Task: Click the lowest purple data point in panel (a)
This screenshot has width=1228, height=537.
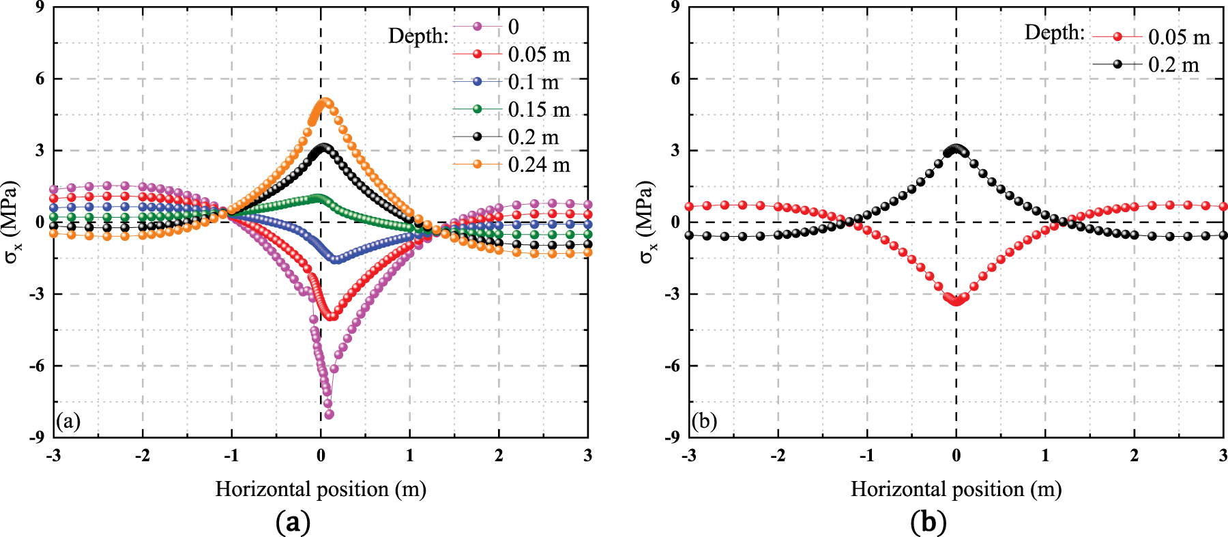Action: click(x=329, y=414)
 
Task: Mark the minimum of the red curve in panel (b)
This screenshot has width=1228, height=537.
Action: click(x=956, y=300)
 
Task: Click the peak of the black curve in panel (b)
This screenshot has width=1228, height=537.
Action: click(x=956, y=149)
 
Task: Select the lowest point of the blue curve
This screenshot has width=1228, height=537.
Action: click(x=336, y=260)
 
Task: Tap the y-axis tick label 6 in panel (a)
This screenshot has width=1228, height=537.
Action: click(x=39, y=78)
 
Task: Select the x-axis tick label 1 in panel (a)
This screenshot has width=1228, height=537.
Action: click(x=410, y=455)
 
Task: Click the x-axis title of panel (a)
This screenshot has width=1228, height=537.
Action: click(x=321, y=489)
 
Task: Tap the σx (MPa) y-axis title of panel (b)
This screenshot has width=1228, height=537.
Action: click(x=646, y=222)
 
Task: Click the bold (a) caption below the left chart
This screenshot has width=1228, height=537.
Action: click(x=293, y=522)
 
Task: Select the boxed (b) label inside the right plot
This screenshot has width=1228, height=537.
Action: click(x=704, y=421)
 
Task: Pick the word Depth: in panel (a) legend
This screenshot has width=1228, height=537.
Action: click(x=418, y=35)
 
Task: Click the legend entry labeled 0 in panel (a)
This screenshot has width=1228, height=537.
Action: click(x=513, y=27)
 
